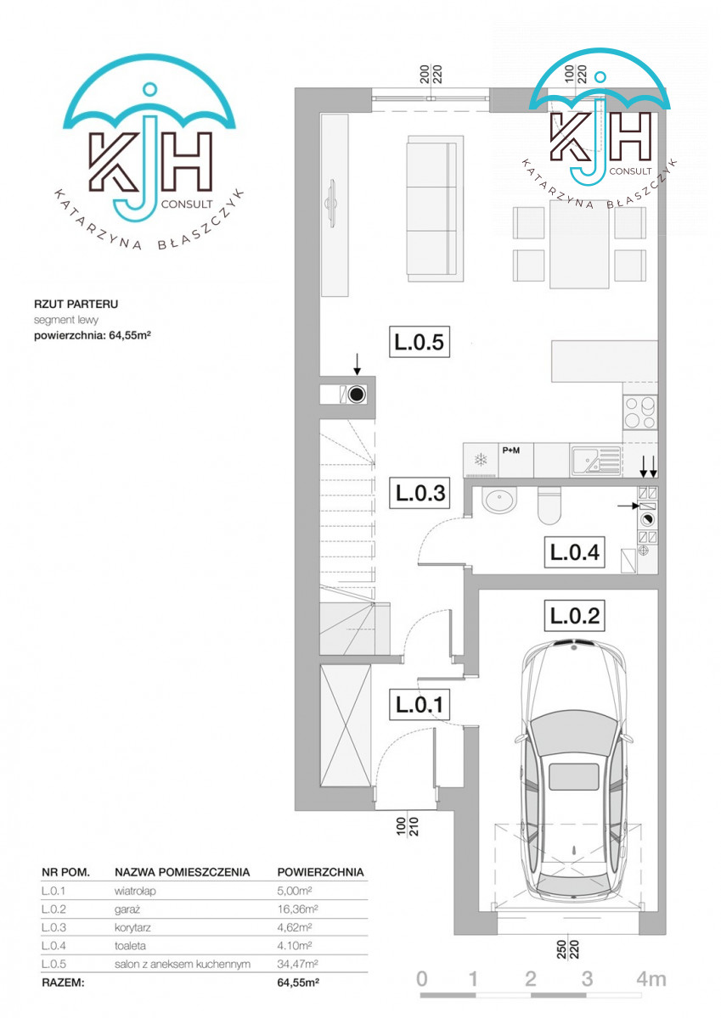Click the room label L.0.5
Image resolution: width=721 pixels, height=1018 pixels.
pyautogui.click(x=419, y=342)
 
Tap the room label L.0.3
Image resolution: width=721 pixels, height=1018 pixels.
pyautogui.click(x=420, y=493)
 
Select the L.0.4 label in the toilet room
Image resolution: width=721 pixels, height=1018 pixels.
pyautogui.click(x=575, y=552)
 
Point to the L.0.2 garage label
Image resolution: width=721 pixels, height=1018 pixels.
pyautogui.click(x=575, y=616)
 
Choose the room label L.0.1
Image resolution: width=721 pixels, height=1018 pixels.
pyautogui.click(x=419, y=704)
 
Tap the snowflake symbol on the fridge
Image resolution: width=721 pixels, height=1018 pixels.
pyautogui.click(x=481, y=460)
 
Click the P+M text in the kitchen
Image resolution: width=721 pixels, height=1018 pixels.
pyautogui.click(x=511, y=450)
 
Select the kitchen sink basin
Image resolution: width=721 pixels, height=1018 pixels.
pyautogui.click(x=585, y=461)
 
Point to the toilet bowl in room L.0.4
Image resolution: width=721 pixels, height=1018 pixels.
pyautogui.click(x=549, y=506)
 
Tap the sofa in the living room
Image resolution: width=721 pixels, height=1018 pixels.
pyautogui.click(x=436, y=209)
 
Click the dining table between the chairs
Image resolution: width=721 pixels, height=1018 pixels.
pyautogui.click(x=579, y=243)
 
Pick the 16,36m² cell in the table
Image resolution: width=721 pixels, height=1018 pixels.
pyautogui.click(x=297, y=909)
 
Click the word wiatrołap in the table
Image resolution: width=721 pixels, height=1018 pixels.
pyautogui.click(x=135, y=892)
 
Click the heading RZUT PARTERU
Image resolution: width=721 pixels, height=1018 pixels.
pyautogui.click(x=76, y=304)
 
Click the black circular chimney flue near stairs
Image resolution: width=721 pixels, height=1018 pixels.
pyautogui.click(x=357, y=394)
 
